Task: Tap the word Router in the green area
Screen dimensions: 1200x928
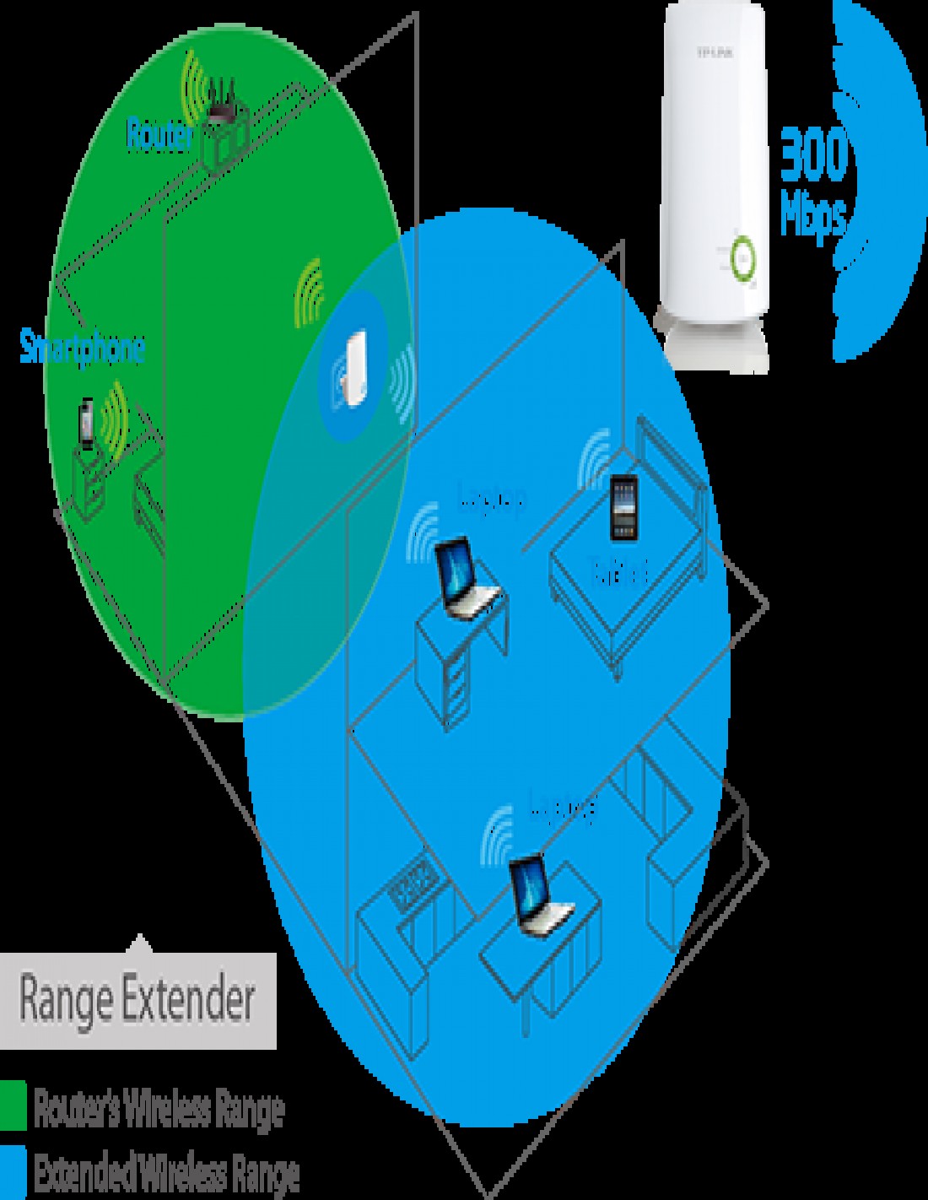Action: (x=159, y=135)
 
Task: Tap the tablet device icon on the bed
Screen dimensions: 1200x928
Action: (x=623, y=509)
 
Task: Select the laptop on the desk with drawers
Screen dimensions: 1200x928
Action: (x=466, y=580)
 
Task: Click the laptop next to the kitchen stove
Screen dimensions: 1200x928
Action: (x=540, y=895)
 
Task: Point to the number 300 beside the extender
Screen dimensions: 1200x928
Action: (x=812, y=157)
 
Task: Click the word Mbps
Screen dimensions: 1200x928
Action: (x=812, y=214)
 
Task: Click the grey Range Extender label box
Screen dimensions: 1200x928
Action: (x=137, y=1000)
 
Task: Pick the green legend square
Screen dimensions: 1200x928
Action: (x=13, y=1105)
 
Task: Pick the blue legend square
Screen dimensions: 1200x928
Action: (x=13, y=1173)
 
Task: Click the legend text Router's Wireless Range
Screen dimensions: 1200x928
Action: (x=159, y=1109)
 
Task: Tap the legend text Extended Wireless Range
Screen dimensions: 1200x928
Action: (x=166, y=1174)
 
